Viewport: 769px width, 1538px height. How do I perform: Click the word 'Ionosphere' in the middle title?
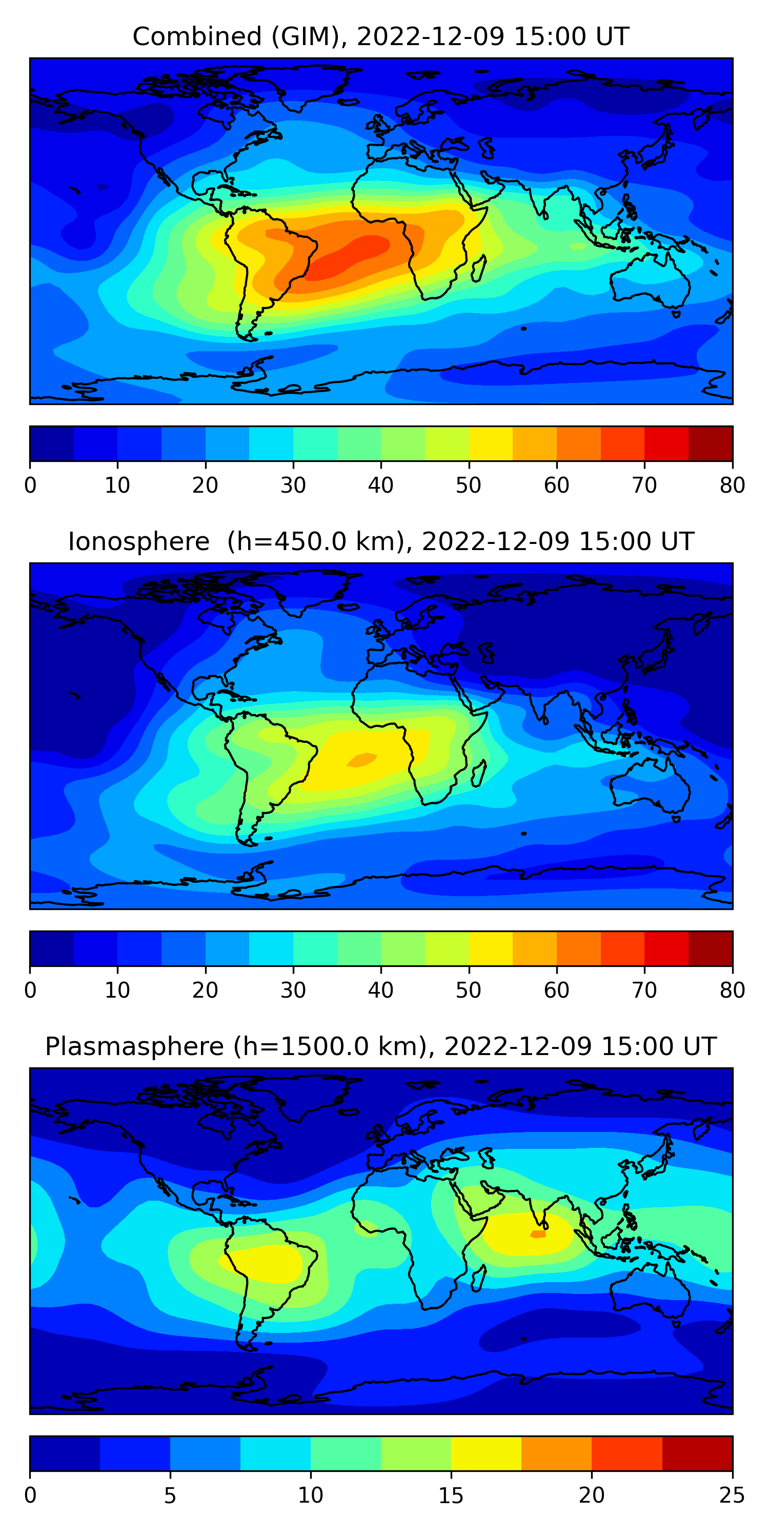click(138, 542)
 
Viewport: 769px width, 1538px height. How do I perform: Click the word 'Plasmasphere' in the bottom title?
click(134, 1047)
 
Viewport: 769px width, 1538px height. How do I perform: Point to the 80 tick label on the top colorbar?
click(732, 485)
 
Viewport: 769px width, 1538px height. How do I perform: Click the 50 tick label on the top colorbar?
click(469, 485)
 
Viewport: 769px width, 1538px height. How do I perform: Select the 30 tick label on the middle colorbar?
click(293, 990)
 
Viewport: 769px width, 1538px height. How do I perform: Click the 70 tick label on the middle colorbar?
click(644, 990)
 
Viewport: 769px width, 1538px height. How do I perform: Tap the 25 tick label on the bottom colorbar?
click(732, 1495)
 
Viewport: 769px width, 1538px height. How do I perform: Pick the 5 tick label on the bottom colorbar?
click(170, 1495)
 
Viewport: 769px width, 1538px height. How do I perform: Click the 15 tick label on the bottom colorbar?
click(451, 1495)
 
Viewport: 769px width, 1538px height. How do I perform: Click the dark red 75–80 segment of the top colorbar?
click(711, 443)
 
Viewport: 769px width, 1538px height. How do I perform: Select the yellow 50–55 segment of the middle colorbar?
click(491, 948)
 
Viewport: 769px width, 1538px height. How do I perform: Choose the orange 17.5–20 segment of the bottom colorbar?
click(556, 1453)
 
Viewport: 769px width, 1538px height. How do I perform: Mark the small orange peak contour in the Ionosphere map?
click(362, 759)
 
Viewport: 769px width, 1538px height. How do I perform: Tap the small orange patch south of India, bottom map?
click(538, 1233)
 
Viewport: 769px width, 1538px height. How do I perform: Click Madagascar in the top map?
click(479, 269)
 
